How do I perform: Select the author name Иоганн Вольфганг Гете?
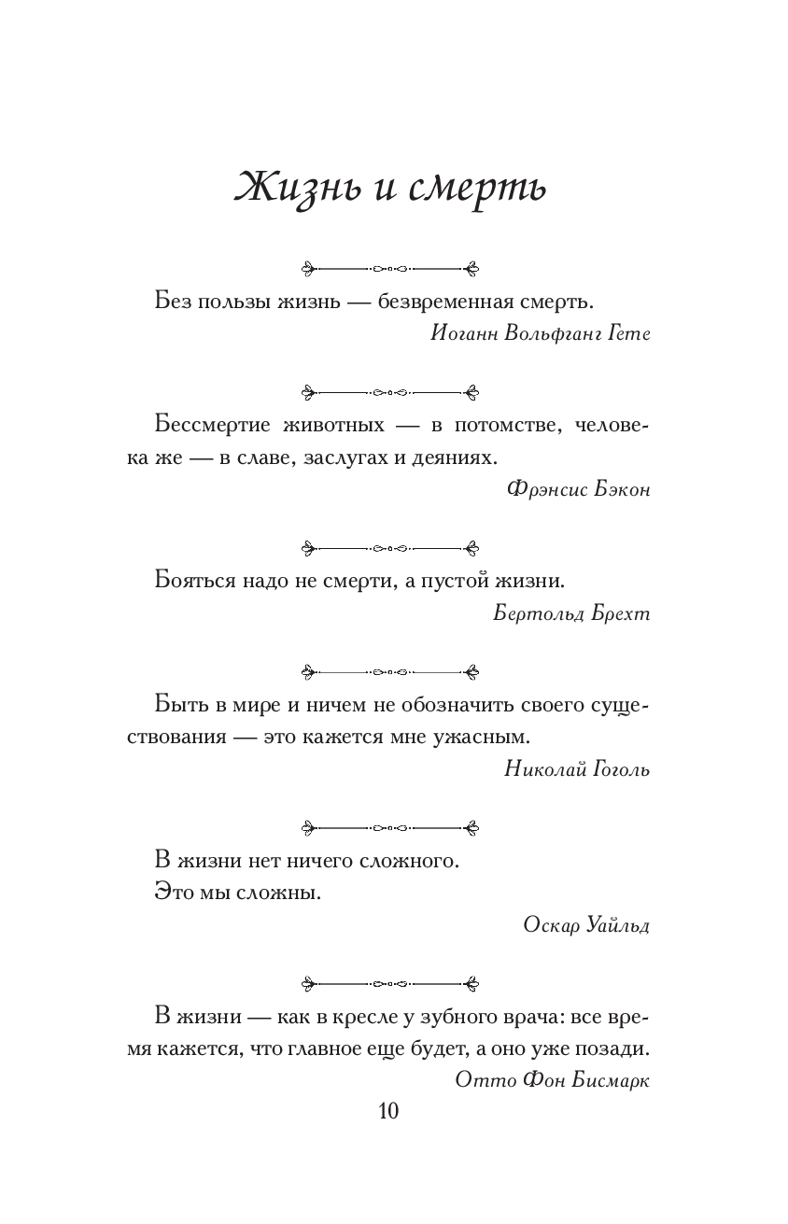tap(542, 335)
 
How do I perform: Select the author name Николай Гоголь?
tap(576, 769)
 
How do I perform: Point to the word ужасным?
tap(480, 737)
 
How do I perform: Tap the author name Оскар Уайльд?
tap(586, 925)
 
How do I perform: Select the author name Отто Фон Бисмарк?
tap(553, 1079)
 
